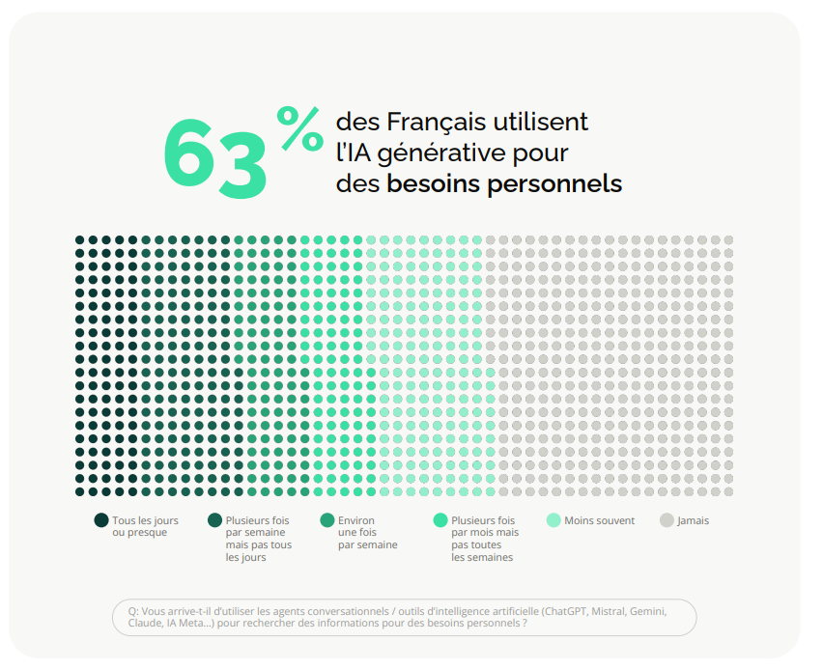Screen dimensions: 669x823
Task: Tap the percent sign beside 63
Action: tap(300, 128)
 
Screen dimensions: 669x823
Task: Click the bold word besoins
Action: tap(434, 183)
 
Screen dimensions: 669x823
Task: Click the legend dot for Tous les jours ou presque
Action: tap(101, 520)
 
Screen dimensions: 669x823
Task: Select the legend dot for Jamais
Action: tap(667, 520)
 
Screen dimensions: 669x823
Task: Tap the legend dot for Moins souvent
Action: tap(553, 520)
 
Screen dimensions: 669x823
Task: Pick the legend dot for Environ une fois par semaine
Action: tap(327, 520)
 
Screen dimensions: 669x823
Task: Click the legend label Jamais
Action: tap(693, 520)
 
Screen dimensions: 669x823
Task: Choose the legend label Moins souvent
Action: tap(599, 520)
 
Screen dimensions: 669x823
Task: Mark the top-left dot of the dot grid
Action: tap(80, 240)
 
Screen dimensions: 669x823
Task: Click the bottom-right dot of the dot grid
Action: tap(728, 491)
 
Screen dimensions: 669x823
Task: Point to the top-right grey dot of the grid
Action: tap(728, 240)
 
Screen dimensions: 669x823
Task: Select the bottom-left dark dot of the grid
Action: tap(80, 491)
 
